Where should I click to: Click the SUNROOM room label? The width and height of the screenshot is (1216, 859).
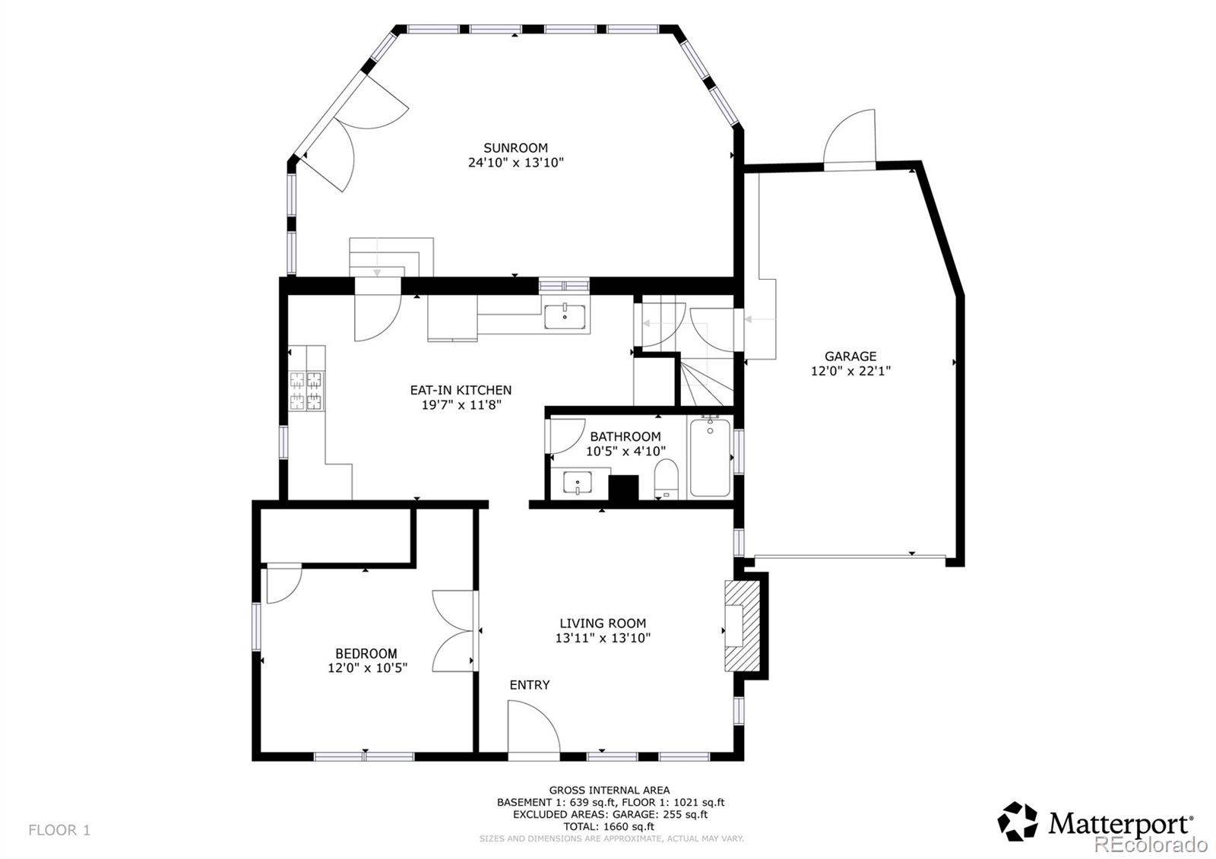click(515, 147)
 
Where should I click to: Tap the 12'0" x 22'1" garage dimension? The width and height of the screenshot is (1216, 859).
click(850, 371)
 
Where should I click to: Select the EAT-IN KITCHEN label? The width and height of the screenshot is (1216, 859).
click(461, 390)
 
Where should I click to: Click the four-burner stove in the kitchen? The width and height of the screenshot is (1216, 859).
click(306, 391)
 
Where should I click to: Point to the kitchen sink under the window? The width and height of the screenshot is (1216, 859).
click(565, 316)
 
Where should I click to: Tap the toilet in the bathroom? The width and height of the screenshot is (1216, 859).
click(666, 479)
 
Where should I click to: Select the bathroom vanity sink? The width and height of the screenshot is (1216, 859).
click(578, 483)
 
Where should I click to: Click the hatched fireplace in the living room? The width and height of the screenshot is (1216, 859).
click(743, 625)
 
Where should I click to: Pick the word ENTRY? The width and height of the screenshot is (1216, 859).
click(529, 685)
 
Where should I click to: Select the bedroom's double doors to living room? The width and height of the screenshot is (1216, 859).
click(454, 631)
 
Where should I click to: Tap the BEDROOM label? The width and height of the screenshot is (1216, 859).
click(366, 653)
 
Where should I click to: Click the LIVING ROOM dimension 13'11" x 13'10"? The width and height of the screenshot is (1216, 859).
click(603, 638)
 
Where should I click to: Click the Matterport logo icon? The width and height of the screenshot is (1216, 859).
click(1018, 822)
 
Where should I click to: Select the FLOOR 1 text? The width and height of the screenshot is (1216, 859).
click(59, 830)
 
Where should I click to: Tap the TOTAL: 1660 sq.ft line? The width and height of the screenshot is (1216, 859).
click(610, 826)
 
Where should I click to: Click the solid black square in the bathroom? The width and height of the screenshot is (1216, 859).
click(624, 488)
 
